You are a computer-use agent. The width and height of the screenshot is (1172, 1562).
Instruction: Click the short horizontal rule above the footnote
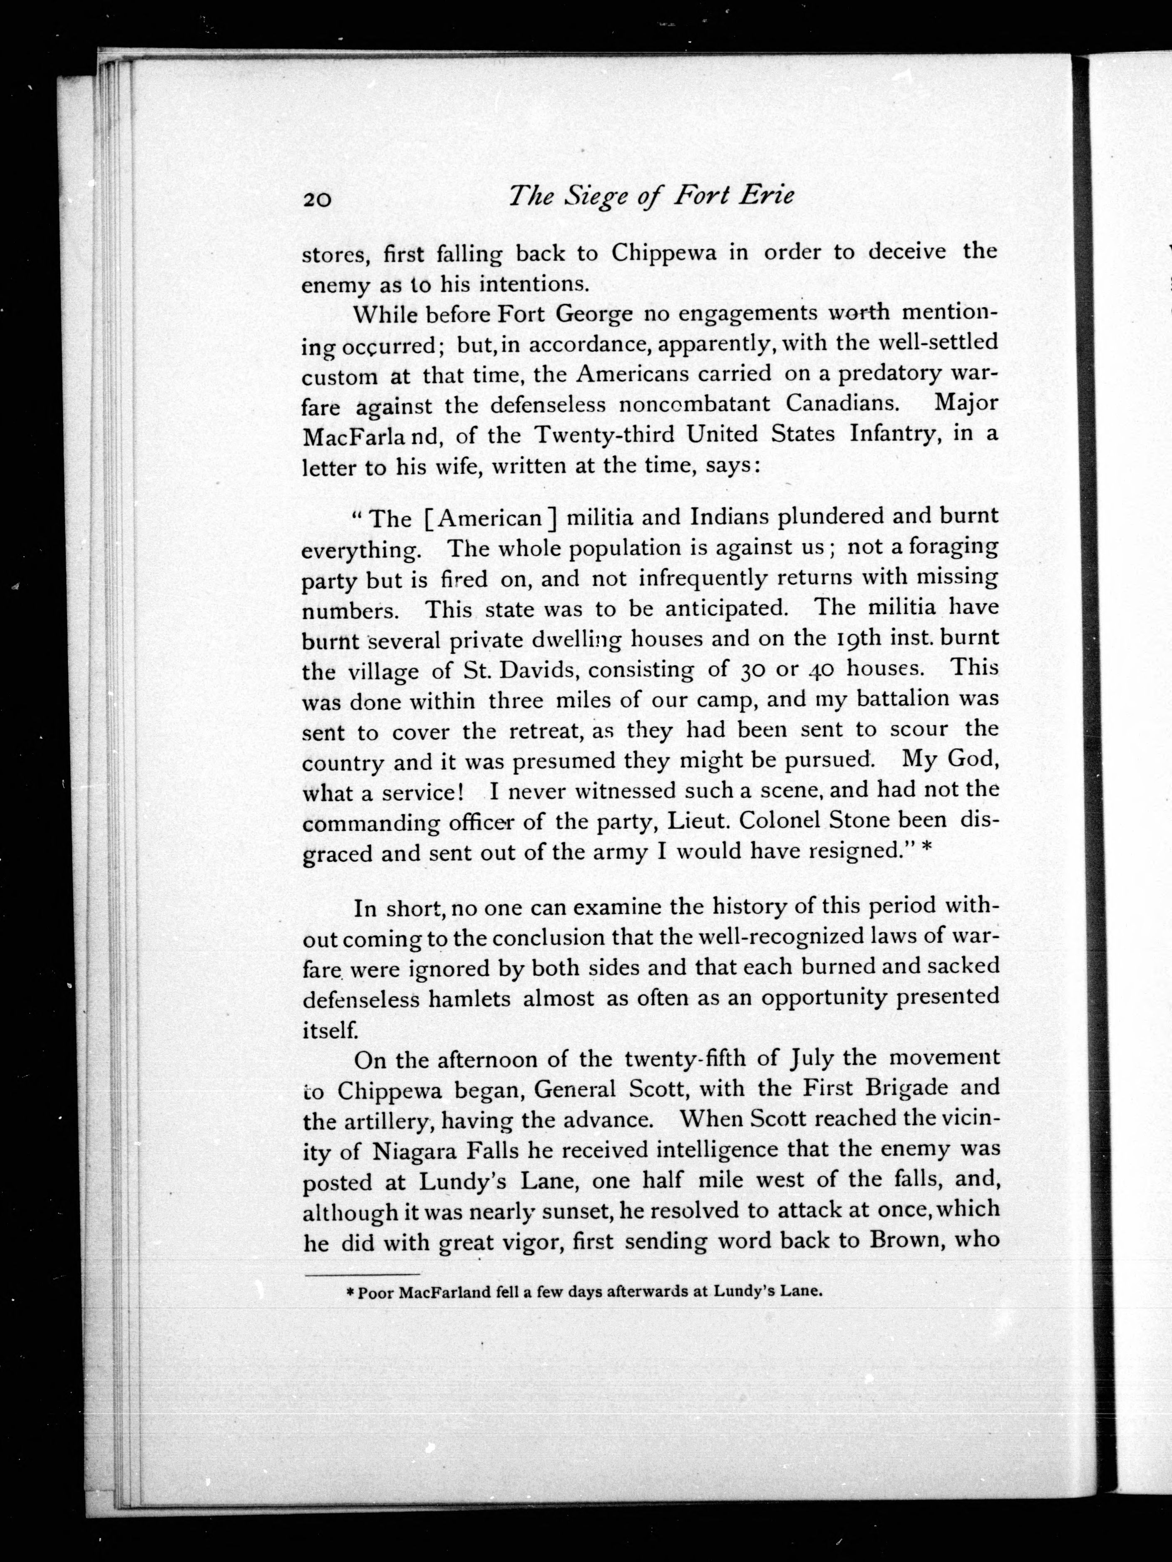pos(362,1275)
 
